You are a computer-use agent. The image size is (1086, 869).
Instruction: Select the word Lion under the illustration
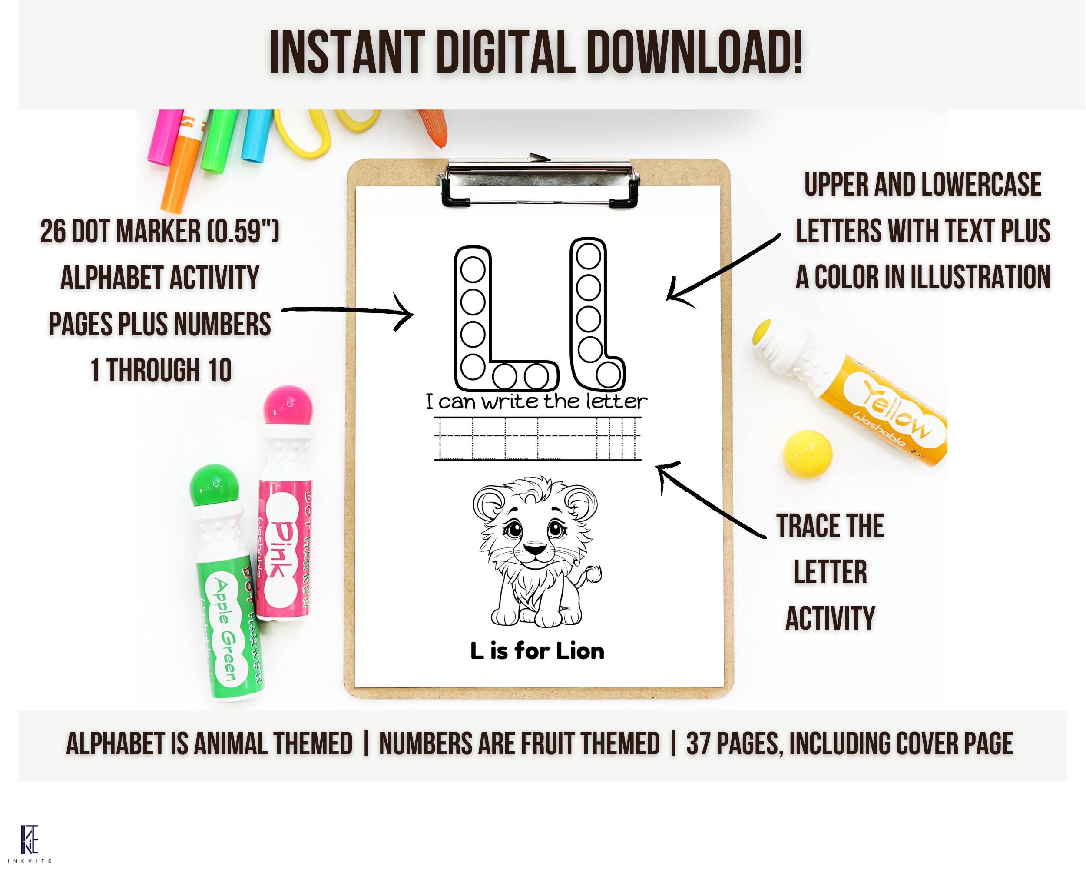pyautogui.click(x=580, y=651)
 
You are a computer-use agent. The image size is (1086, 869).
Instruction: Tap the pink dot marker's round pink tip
pyautogui.click(x=288, y=406)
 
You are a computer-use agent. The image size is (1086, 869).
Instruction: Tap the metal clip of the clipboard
pyautogui.click(x=539, y=181)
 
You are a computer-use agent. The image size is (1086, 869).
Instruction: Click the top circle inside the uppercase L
pyautogui.click(x=473, y=269)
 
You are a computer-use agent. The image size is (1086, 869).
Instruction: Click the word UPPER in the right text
pyautogui.click(x=837, y=185)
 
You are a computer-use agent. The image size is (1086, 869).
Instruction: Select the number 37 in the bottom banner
pyautogui.click(x=698, y=744)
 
